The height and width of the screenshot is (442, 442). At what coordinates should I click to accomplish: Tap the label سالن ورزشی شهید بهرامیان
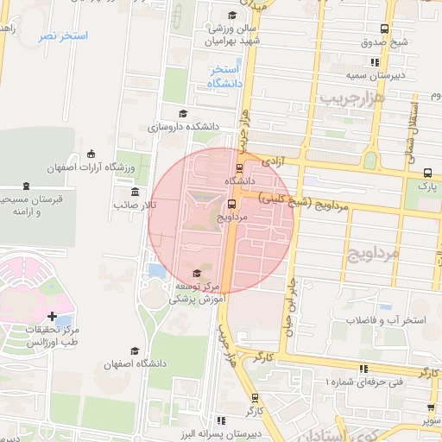coord(231,35)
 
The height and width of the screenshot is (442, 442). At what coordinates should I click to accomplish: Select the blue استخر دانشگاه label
coord(223,76)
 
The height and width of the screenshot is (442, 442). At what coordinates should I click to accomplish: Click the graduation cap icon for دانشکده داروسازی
coord(181,113)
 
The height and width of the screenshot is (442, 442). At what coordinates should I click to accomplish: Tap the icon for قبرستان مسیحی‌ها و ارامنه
coord(27,186)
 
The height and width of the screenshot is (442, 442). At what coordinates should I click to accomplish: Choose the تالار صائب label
coord(135,205)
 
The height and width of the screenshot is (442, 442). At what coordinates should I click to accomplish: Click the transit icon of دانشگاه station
coord(239,167)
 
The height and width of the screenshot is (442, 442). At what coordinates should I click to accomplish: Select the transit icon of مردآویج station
coord(231,204)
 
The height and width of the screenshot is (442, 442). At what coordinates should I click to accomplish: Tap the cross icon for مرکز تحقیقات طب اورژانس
coord(54,318)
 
